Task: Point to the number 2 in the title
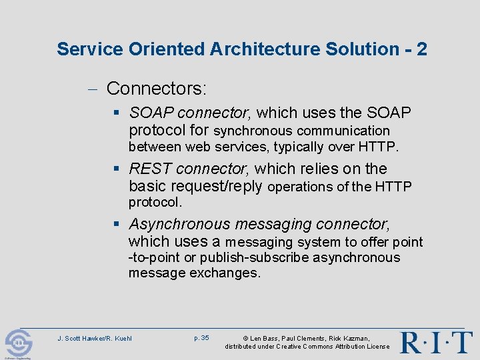pyautogui.click(x=422, y=49)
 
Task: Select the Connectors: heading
pyautogui.click(x=157, y=88)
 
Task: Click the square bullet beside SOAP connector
pyautogui.click(x=118, y=113)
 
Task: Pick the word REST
pyautogui.click(x=151, y=169)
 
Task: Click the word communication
pyautogui.click(x=343, y=131)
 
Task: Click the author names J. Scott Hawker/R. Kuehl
pyautogui.click(x=95, y=338)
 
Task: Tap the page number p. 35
pyautogui.click(x=201, y=338)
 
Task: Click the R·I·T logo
pyautogui.click(x=436, y=342)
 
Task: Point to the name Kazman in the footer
pyautogui.click(x=353, y=339)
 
